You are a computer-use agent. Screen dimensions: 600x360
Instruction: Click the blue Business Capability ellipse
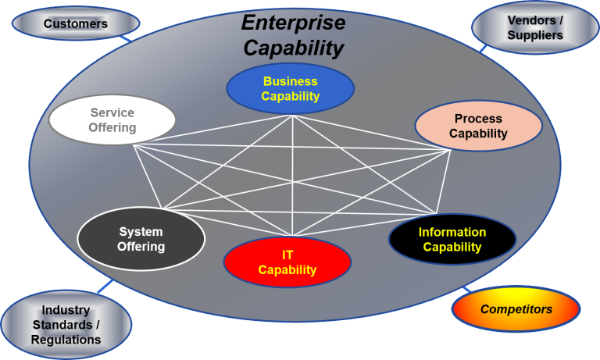point(291,88)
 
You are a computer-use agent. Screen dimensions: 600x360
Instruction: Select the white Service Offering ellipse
point(112,119)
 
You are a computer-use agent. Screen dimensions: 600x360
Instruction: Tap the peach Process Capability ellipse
point(478,126)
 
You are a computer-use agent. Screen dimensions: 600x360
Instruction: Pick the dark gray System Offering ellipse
point(141,239)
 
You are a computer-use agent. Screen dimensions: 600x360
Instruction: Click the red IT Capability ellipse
point(287,262)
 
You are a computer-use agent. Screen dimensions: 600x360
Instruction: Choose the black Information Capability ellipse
point(452,239)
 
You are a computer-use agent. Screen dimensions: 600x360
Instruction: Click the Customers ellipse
point(76,23)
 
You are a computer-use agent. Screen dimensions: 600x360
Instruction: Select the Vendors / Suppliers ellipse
point(535,27)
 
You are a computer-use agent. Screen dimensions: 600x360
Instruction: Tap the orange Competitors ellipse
point(516,308)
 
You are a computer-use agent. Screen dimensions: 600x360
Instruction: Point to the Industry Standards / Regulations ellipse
point(66,324)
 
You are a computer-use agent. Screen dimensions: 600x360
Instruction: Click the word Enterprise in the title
point(294,23)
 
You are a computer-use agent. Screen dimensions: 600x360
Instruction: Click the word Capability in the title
point(294,48)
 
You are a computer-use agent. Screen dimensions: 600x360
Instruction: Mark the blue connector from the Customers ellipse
point(125,38)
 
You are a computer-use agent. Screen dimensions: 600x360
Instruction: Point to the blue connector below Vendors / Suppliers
point(484,48)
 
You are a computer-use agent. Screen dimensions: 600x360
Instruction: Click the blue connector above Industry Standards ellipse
point(105,286)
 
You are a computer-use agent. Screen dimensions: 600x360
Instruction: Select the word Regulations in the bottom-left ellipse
point(66,340)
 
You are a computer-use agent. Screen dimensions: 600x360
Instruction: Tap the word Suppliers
point(535,35)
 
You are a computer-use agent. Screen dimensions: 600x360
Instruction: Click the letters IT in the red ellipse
point(287,255)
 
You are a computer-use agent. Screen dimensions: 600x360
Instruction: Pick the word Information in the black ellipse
point(452,232)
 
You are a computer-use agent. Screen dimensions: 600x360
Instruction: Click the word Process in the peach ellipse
point(478,119)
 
